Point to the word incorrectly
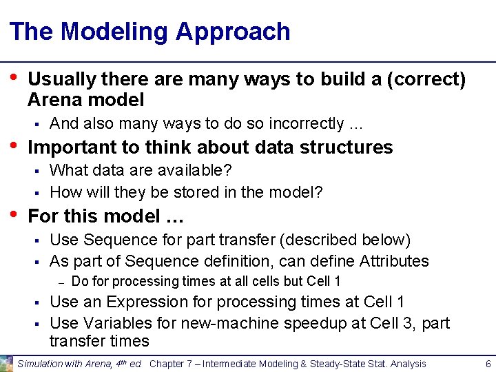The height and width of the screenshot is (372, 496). (311, 124)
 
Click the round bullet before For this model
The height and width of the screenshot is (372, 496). (13, 213)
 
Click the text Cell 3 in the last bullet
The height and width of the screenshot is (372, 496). (386, 322)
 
